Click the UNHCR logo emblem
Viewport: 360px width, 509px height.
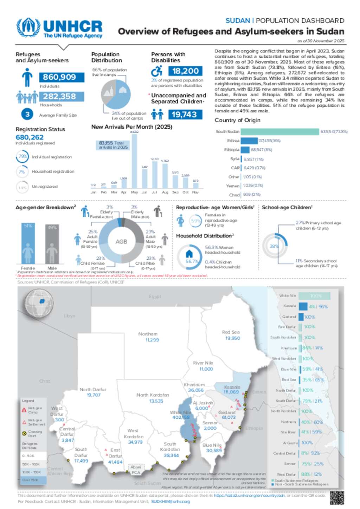coord(28,27)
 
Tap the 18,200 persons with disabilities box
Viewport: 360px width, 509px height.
coord(185,71)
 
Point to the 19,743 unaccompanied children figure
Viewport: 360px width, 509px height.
coord(185,115)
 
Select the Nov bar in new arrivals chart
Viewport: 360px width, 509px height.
coord(196,185)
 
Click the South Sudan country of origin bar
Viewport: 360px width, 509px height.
coord(279,131)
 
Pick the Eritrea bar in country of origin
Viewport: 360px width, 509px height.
coord(249,141)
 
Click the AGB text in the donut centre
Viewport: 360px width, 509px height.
coord(121,242)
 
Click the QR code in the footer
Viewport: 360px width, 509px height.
coord(337,497)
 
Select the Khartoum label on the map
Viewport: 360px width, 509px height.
coord(194,385)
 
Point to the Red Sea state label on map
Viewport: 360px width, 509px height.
coord(231,332)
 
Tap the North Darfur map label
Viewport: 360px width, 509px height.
coord(93,390)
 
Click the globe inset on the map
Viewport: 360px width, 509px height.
coord(39,302)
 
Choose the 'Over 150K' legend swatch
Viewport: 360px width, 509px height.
coord(33,480)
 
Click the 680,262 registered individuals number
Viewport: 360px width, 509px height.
coord(30,137)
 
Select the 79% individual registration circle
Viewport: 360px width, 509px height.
coord(22,157)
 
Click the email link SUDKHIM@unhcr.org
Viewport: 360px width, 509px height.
coord(170,502)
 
